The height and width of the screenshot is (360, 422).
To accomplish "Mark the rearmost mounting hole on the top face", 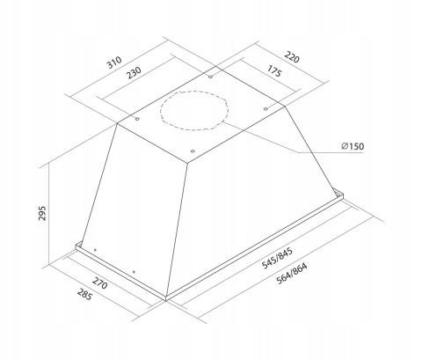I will tap(212, 77).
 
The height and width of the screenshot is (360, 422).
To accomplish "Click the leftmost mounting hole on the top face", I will tap(138, 117).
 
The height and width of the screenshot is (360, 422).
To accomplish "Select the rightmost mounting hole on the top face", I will tap(265, 108).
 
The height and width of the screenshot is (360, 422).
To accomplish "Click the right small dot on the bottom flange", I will tap(132, 271).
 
